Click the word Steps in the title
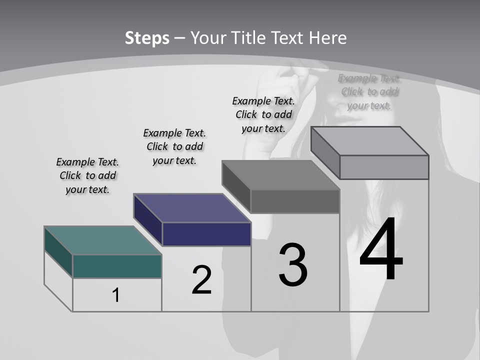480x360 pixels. pyautogui.click(x=146, y=38)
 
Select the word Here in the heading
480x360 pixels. pyautogui.click(x=327, y=38)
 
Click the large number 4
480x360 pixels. pyautogui.click(x=381, y=249)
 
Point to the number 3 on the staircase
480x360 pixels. pyautogui.click(x=293, y=265)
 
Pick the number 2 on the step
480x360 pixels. pyautogui.click(x=201, y=280)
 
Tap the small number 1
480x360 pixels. pyautogui.click(x=115, y=295)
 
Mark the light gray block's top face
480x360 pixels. pyautogui.click(x=370, y=141)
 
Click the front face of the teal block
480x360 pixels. pyautogui.click(x=117, y=266)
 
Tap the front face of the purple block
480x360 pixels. pyautogui.click(x=206, y=234)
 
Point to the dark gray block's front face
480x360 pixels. pyautogui.click(x=295, y=201)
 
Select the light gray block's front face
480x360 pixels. pyautogui.click(x=384, y=167)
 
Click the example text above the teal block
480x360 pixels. pyautogui.click(x=87, y=175)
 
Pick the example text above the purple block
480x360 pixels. pyautogui.click(x=174, y=146)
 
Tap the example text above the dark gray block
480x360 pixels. pyautogui.click(x=263, y=114)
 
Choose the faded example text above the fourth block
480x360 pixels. pyautogui.click(x=369, y=91)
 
